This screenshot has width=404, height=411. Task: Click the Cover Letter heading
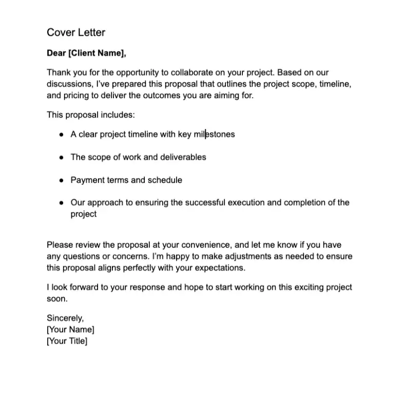[76, 32]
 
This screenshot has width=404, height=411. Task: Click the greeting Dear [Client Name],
[86, 53]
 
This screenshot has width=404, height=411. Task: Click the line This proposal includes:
[90, 115]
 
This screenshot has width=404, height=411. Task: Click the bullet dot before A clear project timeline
[61, 135]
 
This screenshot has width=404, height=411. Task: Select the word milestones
[214, 134]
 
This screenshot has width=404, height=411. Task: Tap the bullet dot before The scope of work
[61, 158]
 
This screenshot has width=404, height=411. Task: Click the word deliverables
[183, 157]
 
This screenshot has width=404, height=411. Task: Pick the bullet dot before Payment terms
[61, 180]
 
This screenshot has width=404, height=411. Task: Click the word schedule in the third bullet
[165, 180]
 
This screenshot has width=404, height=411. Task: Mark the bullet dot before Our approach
[61, 203]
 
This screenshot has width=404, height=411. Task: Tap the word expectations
[218, 268]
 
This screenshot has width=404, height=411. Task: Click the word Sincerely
[65, 318]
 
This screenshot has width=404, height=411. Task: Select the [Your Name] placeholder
[70, 329]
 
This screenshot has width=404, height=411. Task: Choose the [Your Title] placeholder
[67, 341]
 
